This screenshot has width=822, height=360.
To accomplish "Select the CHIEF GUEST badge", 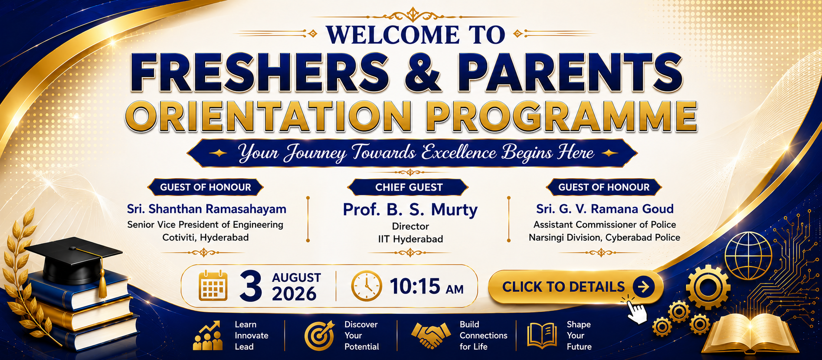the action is point(408,187).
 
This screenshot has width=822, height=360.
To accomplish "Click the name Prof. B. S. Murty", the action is point(410,209).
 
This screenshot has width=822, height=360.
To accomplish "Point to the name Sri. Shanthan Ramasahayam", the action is point(206,209).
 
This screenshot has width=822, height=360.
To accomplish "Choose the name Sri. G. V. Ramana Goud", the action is point(605,209).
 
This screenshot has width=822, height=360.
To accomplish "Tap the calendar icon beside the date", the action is point(213,285).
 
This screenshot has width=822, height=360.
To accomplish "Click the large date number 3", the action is point(251,286).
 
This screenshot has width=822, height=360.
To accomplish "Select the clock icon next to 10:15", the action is point(367,286).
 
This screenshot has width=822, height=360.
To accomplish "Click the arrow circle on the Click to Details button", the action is point(644,286).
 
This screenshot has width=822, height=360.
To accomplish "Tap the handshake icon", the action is point(430,335).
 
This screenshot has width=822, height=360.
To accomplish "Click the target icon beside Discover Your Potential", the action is point(320,335).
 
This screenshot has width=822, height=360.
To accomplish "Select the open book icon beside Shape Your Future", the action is point(542,335).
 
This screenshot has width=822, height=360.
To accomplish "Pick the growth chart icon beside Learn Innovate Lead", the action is point(208,335).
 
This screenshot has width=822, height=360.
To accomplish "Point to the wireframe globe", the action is point(748,256).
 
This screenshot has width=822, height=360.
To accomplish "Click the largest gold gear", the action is point(708,287).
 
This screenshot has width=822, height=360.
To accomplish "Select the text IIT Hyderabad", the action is point(410,239).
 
